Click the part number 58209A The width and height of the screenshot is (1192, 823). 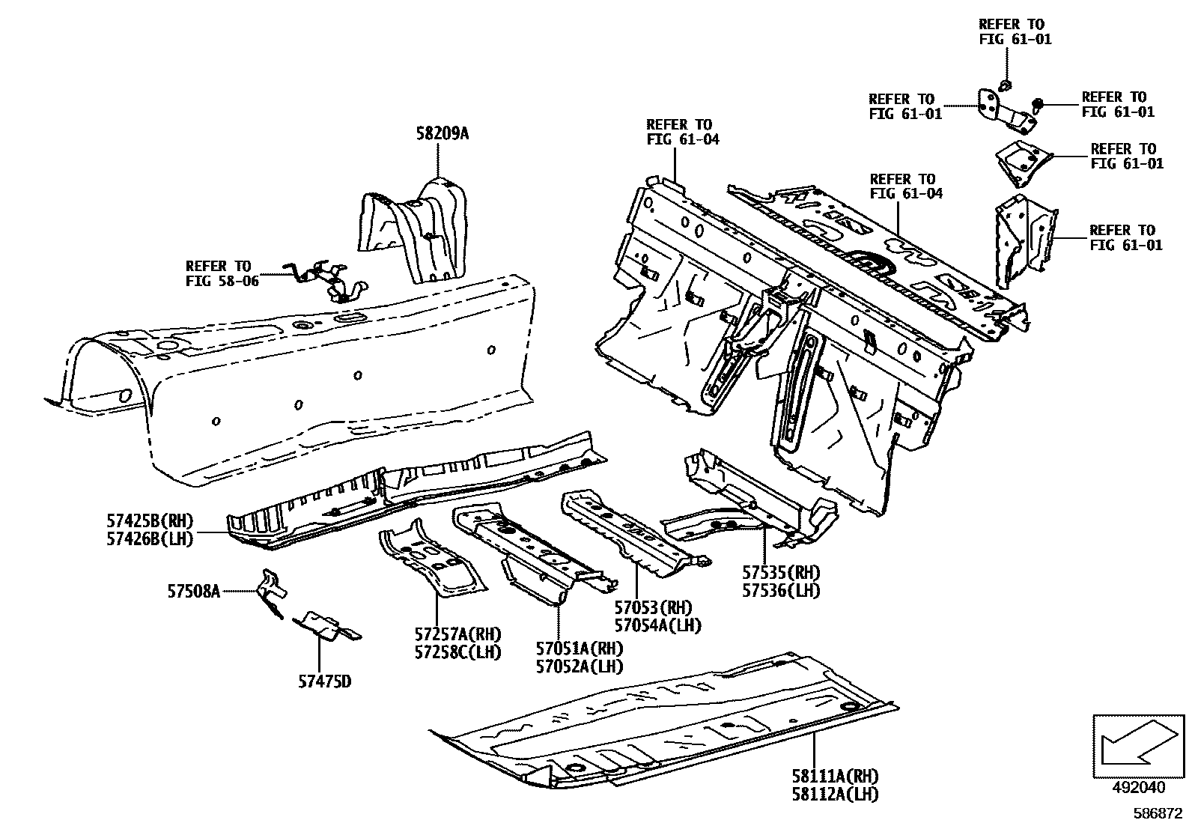(442, 134)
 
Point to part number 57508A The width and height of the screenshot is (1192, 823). (193, 592)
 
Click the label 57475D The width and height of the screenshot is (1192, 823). (323, 681)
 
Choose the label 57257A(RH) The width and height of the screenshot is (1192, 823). (457, 636)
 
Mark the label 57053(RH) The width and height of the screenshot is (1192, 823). (654, 607)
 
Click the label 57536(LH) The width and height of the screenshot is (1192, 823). (781, 590)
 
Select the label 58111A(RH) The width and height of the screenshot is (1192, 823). (836, 777)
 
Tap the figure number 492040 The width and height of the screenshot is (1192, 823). (1138, 788)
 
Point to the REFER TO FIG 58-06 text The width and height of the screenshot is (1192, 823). (218, 273)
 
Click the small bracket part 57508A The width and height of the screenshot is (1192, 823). (271, 592)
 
